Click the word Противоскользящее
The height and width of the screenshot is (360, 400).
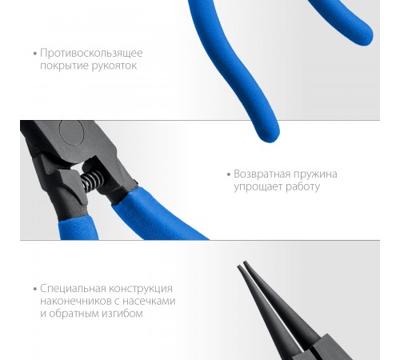[92, 53]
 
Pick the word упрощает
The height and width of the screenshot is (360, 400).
[257, 186]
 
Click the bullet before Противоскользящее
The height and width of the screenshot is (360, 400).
[35, 54]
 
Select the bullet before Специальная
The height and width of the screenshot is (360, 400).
[35, 289]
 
